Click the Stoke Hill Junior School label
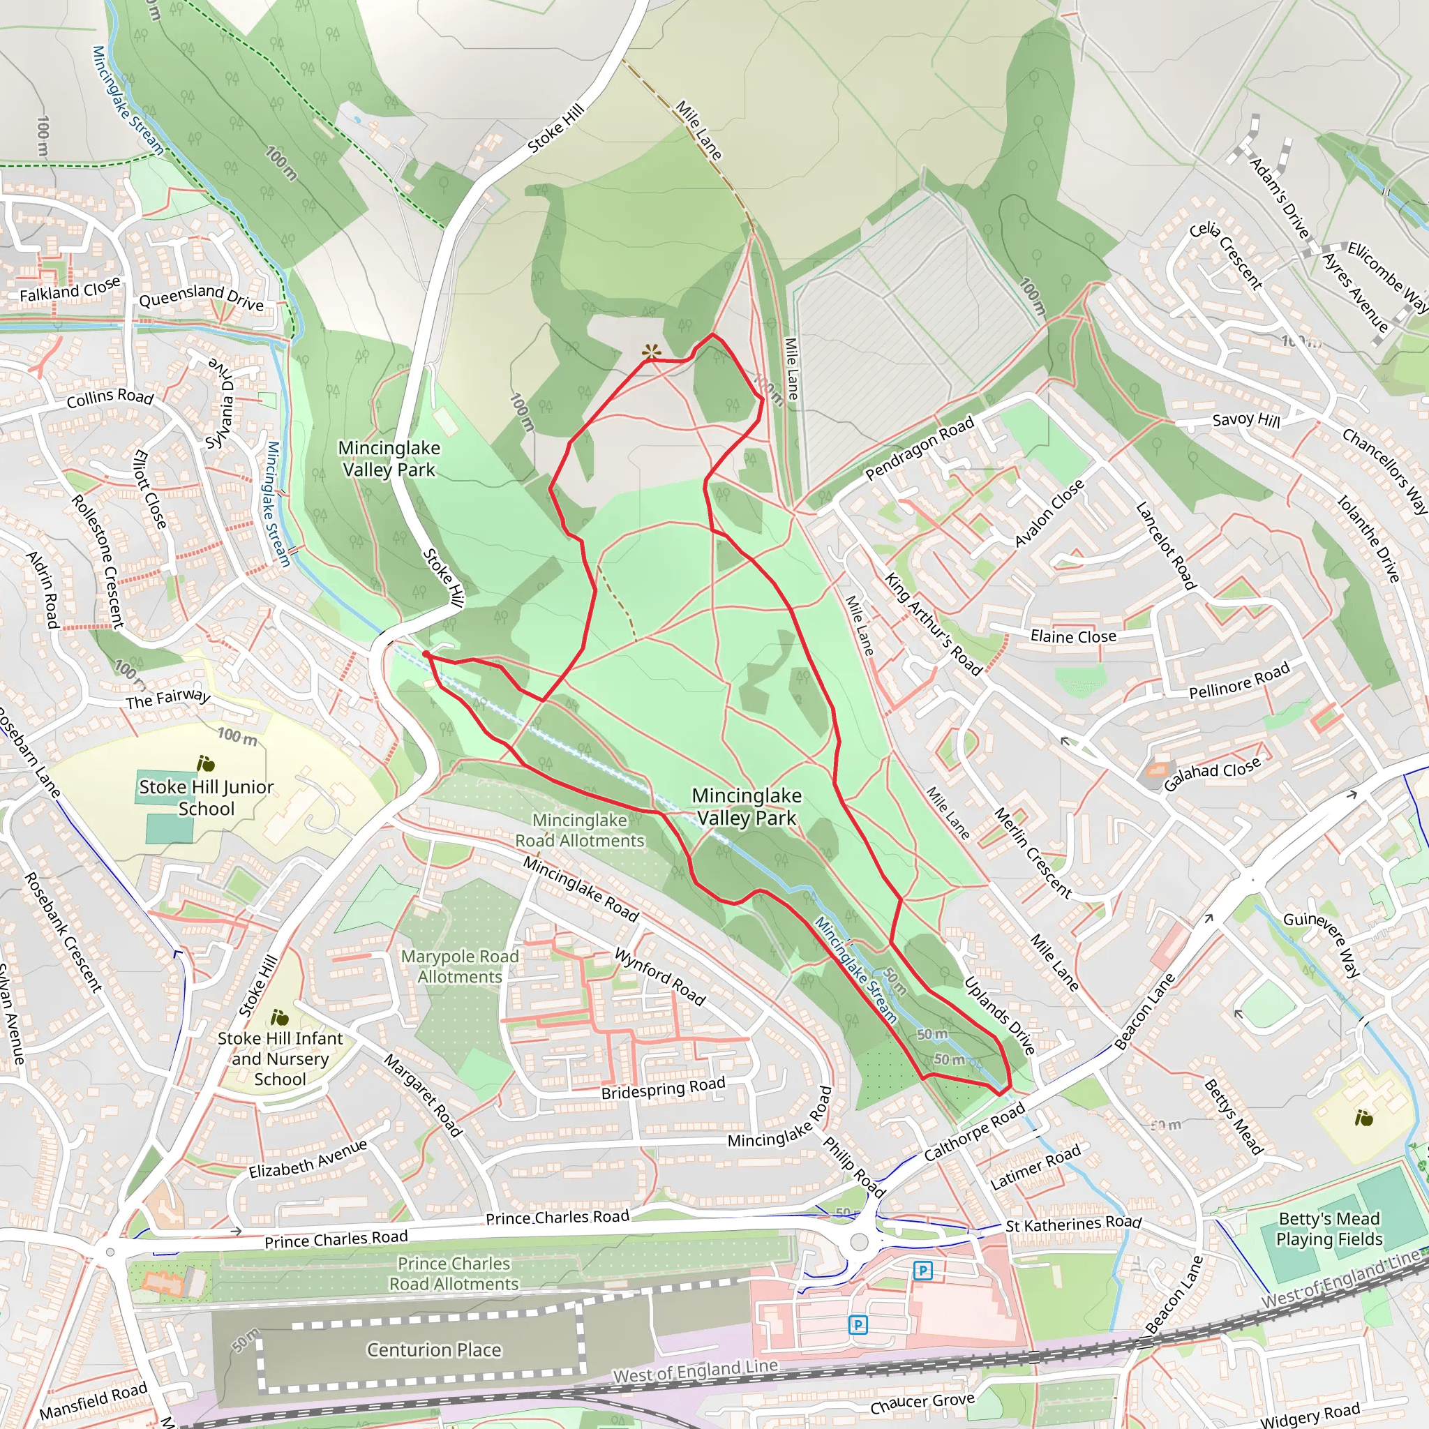(207, 798)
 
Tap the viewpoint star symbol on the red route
(651, 352)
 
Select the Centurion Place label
(434, 1350)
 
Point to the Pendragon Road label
(920, 448)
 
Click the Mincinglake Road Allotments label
(580, 830)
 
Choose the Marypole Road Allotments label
(459, 966)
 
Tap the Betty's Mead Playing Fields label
(1329, 1228)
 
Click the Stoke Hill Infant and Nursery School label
(280, 1058)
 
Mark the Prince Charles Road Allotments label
(454, 1273)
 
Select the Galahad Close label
(1211, 775)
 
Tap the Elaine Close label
(1073, 636)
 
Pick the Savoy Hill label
(1245, 420)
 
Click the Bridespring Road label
(663, 1088)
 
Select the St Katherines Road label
(1073, 1224)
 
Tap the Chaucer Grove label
(922, 1402)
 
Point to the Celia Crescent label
(1225, 255)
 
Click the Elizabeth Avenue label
(308, 1159)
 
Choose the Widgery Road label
(1309, 1414)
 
